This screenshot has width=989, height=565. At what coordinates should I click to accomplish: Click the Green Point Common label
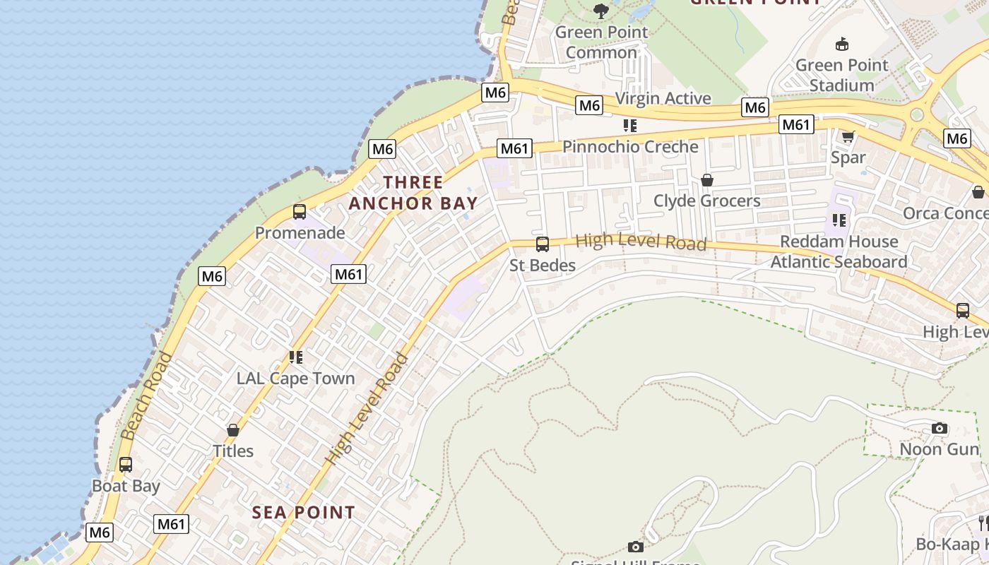coord(601,42)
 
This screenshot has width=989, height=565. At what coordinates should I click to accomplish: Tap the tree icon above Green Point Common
coord(601,11)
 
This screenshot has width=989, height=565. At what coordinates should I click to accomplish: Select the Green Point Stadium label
coord(841,75)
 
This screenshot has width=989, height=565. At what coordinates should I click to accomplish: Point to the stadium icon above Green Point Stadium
coord(841,44)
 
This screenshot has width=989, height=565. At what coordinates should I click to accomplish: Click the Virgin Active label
coord(663,98)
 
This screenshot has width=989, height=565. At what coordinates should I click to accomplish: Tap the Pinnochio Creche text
coord(630,147)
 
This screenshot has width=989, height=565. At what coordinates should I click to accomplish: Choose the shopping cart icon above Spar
coord(848,136)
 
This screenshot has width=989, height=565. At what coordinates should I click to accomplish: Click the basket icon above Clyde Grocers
coord(706,180)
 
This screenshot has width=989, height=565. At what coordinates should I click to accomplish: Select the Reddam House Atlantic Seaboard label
coord(839,251)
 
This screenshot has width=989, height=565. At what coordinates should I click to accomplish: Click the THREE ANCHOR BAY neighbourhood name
coord(413,193)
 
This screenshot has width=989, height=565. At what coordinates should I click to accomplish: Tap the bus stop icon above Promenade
coord(300,211)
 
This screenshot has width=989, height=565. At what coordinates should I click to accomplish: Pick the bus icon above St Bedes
coord(543,244)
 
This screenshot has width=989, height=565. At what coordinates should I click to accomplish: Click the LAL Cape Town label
coord(295,379)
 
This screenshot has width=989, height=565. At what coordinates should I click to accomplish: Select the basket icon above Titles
coord(232,429)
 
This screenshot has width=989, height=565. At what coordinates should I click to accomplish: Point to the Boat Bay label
coord(126,486)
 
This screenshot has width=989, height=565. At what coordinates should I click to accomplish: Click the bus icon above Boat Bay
coord(126,465)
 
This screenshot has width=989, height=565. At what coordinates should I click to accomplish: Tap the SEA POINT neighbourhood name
coord(304,513)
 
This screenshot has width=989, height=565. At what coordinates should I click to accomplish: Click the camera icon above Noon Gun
coord(940,428)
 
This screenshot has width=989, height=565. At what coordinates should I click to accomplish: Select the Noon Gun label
coord(940,449)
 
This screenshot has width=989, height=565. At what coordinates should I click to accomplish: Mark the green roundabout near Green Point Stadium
coord(917,114)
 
